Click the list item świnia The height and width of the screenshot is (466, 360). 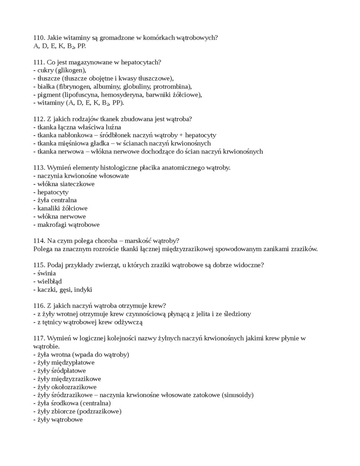(46, 273)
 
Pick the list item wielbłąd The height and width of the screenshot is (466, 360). (49, 281)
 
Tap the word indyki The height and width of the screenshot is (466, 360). (82, 289)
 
